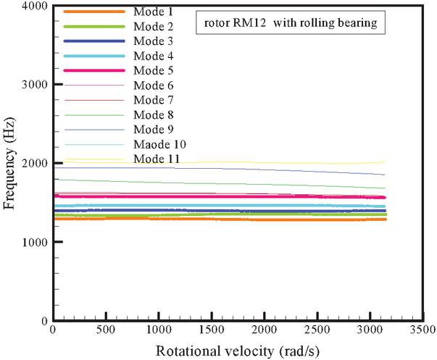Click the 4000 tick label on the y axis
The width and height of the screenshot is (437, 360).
click(x=34, y=7)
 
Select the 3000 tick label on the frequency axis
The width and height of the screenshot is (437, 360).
click(x=34, y=85)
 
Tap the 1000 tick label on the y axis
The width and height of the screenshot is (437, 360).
click(x=34, y=242)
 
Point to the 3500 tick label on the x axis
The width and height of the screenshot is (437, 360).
click(x=423, y=331)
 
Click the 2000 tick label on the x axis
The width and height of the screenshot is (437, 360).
click(x=265, y=331)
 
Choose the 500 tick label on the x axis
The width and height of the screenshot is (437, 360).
click(x=106, y=331)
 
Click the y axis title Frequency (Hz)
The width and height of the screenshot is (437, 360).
click(x=9, y=163)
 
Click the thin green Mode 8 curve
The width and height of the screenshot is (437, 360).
click(x=217, y=182)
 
